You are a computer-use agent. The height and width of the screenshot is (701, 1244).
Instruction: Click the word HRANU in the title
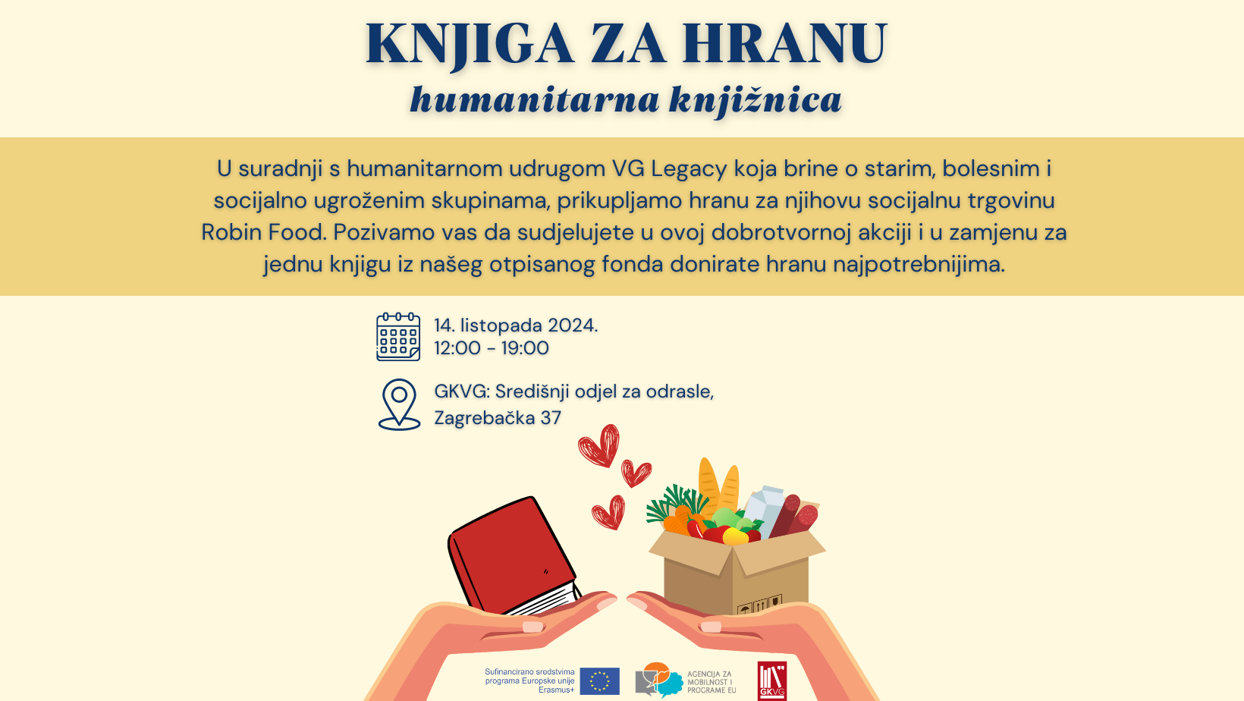(784, 43)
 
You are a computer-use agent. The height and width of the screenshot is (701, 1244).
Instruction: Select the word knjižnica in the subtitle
(756, 99)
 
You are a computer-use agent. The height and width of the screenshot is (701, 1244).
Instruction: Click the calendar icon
(398, 337)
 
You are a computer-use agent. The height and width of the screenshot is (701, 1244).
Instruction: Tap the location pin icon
(399, 404)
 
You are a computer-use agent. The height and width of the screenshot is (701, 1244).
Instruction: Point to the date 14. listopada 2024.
(516, 325)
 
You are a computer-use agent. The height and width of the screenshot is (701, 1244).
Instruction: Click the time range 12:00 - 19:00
(492, 348)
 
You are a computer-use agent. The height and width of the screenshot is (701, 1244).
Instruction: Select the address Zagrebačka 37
(498, 418)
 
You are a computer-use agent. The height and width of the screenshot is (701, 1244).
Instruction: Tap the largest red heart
(600, 445)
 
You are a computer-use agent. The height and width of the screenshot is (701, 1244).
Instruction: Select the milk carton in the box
(765, 510)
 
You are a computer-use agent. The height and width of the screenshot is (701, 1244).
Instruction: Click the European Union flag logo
(599, 681)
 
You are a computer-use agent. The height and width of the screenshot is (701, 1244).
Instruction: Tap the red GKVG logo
(771, 681)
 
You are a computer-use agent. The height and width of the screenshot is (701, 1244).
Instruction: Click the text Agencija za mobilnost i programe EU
(711, 682)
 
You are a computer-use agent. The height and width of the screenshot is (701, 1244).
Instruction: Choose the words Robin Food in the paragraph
(263, 232)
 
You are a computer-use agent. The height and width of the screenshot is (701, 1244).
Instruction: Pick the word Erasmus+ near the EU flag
(556, 690)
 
